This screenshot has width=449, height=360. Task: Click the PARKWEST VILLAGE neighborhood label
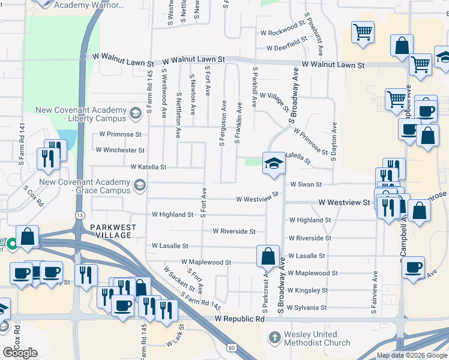coord(113,231)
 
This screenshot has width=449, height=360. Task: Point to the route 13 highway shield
coord(80,215)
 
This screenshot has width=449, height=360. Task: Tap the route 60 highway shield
coord(231,347)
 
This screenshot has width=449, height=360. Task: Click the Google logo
coord(20,353)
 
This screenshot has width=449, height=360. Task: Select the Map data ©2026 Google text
coord(412,355)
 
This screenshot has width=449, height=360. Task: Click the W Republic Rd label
coord(240,320)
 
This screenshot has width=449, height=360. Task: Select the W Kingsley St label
coord(307,290)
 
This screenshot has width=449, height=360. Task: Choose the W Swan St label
coord(306,185)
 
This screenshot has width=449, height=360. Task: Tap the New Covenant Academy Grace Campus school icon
coord(140,184)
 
